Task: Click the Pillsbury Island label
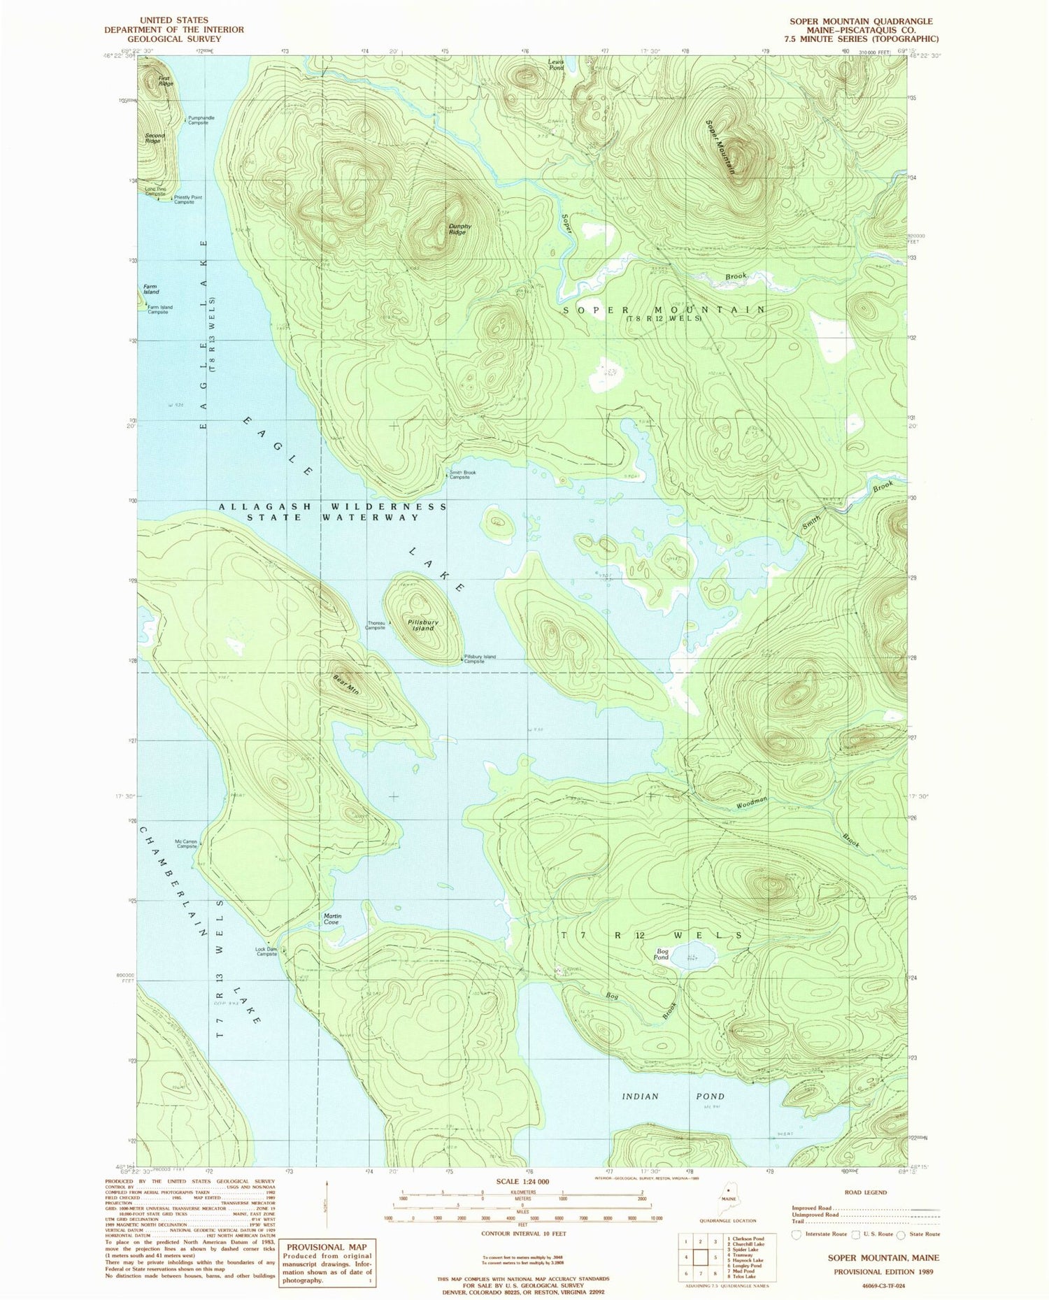[x=423, y=624]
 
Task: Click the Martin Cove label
[x=332, y=919]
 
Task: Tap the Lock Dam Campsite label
[x=266, y=951]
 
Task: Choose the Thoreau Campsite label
[x=375, y=625]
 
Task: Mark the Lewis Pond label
[x=556, y=64]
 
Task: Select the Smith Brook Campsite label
[x=463, y=474]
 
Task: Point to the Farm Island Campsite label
[x=159, y=309]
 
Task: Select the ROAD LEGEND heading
[x=866, y=1192]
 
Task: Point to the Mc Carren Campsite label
[x=186, y=843]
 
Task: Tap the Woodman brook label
[x=752, y=803]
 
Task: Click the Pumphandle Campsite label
[x=201, y=120]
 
